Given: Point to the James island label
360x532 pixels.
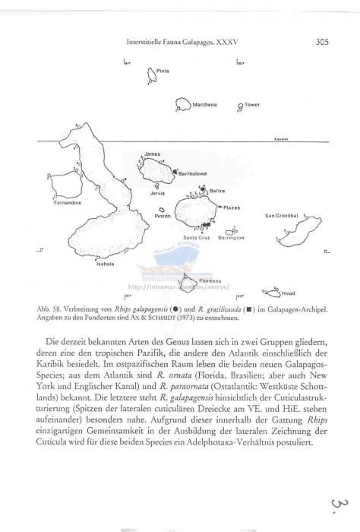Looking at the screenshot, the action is coord(152,154).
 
